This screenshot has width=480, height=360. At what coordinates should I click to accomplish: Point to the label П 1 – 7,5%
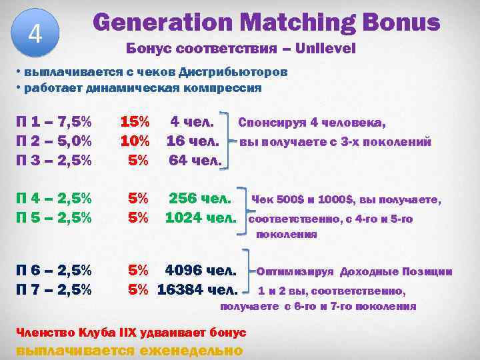[x=53, y=123]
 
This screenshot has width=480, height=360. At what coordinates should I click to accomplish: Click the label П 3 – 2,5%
[x=53, y=160]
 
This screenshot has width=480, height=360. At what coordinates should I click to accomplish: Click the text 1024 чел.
[x=201, y=217]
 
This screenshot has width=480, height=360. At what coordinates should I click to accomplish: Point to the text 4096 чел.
[x=201, y=271]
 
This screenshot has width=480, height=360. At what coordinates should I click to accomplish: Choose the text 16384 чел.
[x=197, y=290]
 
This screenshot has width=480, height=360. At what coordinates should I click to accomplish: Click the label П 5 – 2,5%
[x=53, y=217]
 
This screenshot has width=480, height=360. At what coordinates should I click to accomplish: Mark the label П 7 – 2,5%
[x=53, y=290]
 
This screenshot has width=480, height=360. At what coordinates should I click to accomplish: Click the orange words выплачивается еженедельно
[x=129, y=350]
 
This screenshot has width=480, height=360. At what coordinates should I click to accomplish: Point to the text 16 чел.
[x=193, y=141]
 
